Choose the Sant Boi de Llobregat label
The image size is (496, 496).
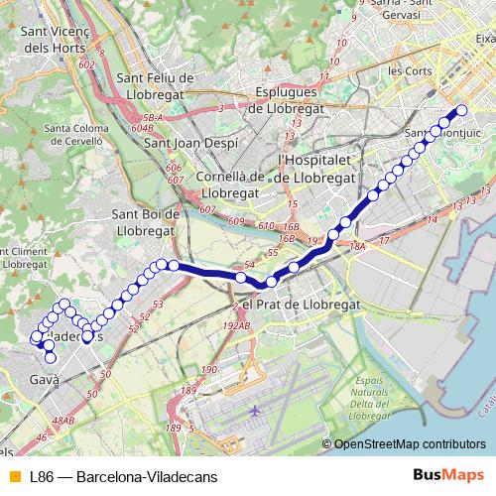146,222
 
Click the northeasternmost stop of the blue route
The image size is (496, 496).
461,111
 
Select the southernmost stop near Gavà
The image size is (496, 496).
51,358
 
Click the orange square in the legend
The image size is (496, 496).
14,475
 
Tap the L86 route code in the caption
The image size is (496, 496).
43,475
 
